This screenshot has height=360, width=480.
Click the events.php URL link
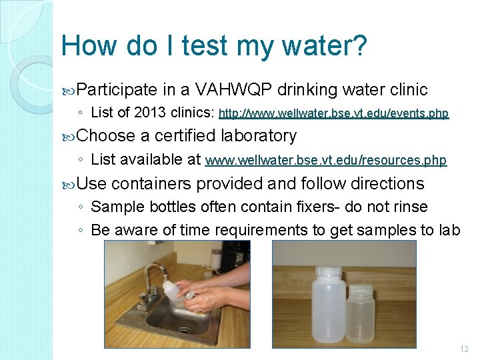(x=334, y=114)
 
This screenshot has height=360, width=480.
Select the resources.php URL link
(x=326, y=161)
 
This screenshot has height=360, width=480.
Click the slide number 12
(x=464, y=349)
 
